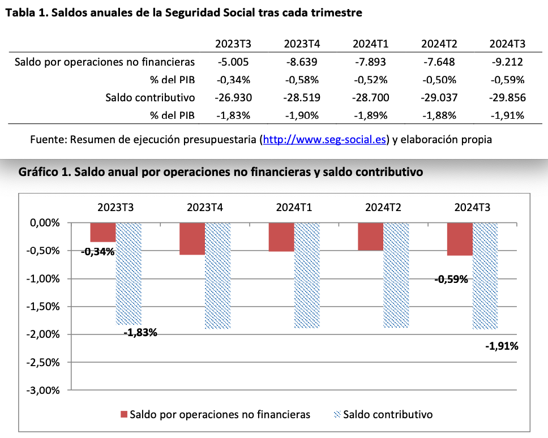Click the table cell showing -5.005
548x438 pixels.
[233, 62]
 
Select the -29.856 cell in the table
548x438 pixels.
[507, 97]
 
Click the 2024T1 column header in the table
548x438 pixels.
[370, 44]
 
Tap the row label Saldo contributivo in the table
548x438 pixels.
[150, 97]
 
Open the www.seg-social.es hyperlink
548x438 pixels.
[325, 139]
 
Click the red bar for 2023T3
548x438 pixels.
[102, 233]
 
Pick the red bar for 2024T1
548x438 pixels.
[281, 237]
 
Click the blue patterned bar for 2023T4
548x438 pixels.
[217, 276]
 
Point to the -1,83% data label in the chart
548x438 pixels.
[140, 332]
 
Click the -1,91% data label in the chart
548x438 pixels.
[502, 345]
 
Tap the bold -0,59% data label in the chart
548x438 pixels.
[451, 279]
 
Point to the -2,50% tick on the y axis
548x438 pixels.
[44, 362]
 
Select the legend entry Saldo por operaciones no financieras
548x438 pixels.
[216, 415]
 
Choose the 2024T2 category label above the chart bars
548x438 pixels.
[383, 207]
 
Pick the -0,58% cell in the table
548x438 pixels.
[302, 80]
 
